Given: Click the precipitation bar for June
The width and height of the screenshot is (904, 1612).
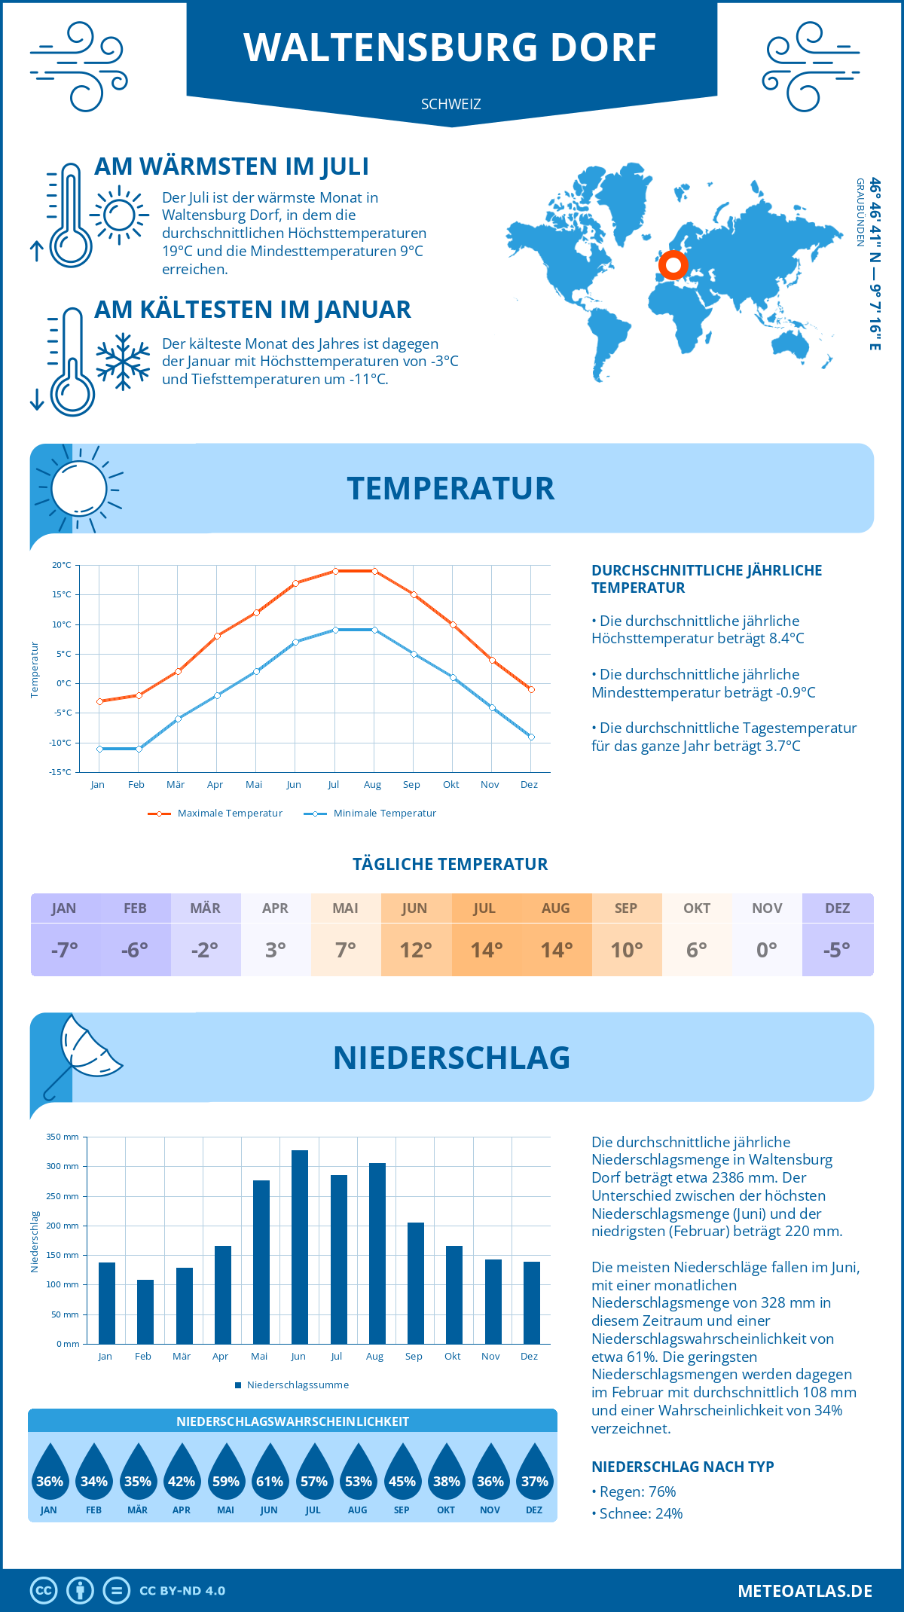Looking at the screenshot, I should coord(299,1247).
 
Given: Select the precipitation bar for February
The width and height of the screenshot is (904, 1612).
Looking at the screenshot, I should coord(145,1311).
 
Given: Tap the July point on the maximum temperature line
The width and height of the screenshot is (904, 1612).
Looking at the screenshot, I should coord(335,571).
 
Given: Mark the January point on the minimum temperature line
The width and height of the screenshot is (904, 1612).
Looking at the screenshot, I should coord(99,749).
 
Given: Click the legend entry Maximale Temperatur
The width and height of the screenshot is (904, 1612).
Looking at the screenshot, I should coord(215,814).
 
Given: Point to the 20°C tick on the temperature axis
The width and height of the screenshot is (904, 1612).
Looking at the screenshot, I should coord(62,565).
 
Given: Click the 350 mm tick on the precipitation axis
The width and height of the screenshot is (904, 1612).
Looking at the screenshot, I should coord(63,1137).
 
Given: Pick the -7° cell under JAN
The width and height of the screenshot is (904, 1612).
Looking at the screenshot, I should coord(65,950).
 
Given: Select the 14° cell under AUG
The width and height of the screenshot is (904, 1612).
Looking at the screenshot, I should coord(557,950).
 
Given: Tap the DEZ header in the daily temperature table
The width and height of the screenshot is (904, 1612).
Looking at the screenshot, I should coord(837,908).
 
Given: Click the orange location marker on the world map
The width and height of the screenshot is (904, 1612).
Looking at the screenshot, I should coord(673,264).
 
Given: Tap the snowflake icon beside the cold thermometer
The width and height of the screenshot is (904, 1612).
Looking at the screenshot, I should coord(123,362).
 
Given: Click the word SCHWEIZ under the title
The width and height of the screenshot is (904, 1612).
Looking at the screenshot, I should coord(450,104).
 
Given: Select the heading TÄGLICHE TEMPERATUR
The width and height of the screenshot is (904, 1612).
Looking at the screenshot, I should coord(450,864).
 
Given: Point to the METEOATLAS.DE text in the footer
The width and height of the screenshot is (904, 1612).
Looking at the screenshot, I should coord(805,1591).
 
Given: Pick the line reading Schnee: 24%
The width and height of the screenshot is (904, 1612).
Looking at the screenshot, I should coord(640,1513).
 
